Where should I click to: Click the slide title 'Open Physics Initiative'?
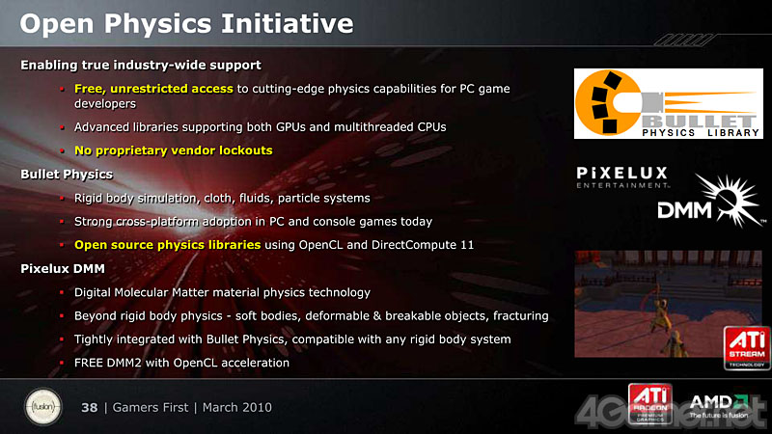pyautogui.click(x=186, y=23)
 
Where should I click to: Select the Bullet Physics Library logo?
pyautogui.click(x=668, y=103)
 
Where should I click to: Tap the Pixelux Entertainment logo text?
pyautogui.click(x=622, y=177)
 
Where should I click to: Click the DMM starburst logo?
pyautogui.click(x=710, y=202)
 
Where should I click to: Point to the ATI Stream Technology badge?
pyautogui.click(x=746, y=347)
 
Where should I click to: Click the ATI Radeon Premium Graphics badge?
pyautogui.click(x=649, y=403)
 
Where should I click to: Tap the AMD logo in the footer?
pyautogui.click(x=719, y=406)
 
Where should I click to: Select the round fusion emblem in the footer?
pyautogui.click(x=43, y=407)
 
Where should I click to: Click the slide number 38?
pyautogui.click(x=89, y=407)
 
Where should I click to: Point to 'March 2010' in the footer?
pyautogui.click(x=236, y=407)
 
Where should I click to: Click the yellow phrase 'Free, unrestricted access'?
pyautogui.click(x=153, y=89)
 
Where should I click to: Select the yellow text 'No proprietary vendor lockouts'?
pyautogui.click(x=174, y=150)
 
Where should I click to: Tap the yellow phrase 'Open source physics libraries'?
pyautogui.click(x=167, y=245)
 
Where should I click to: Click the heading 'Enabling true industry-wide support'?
pyautogui.click(x=141, y=65)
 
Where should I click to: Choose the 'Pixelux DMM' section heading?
pyautogui.click(x=63, y=269)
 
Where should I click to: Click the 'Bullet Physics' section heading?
pyautogui.click(x=67, y=175)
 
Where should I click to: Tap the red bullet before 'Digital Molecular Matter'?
pyautogui.click(x=62, y=292)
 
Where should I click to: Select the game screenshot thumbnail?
pyautogui.click(x=668, y=304)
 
